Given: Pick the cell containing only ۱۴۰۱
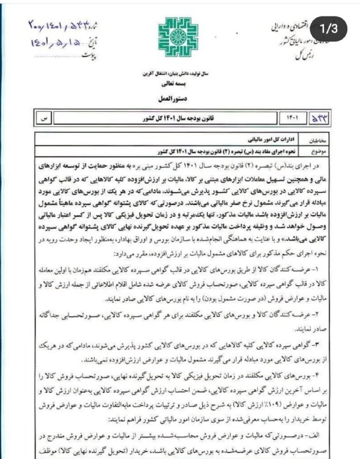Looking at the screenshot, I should (291, 118).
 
